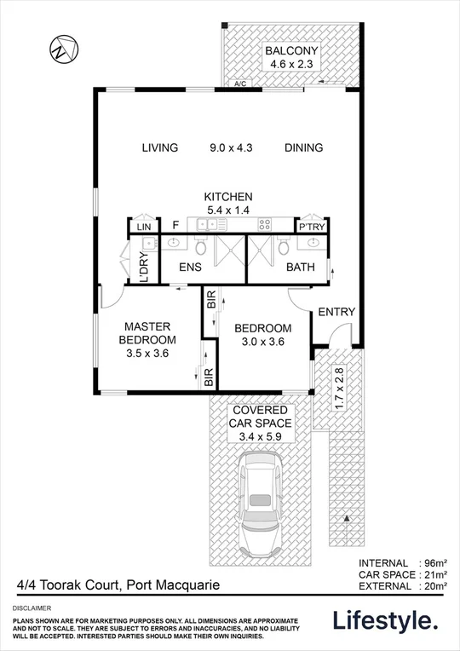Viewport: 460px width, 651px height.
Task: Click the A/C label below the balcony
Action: [x=242, y=84]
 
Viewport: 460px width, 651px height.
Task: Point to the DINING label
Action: [x=303, y=147]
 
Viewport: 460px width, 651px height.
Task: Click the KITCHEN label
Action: [x=227, y=196]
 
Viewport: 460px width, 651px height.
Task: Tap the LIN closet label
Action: [x=143, y=226]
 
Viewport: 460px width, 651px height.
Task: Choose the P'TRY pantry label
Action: [x=308, y=226]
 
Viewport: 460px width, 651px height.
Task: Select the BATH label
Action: [x=301, y=268]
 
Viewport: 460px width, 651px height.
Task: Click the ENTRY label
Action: [x=336, y=312]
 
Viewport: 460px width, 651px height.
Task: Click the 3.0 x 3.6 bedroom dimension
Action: [x=263, y=342]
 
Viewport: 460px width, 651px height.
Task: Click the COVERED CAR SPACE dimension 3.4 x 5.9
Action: [x=262, y=437]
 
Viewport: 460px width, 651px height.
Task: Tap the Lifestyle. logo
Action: [x=387, y=620]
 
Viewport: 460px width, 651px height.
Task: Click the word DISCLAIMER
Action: [x=32, y=608]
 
